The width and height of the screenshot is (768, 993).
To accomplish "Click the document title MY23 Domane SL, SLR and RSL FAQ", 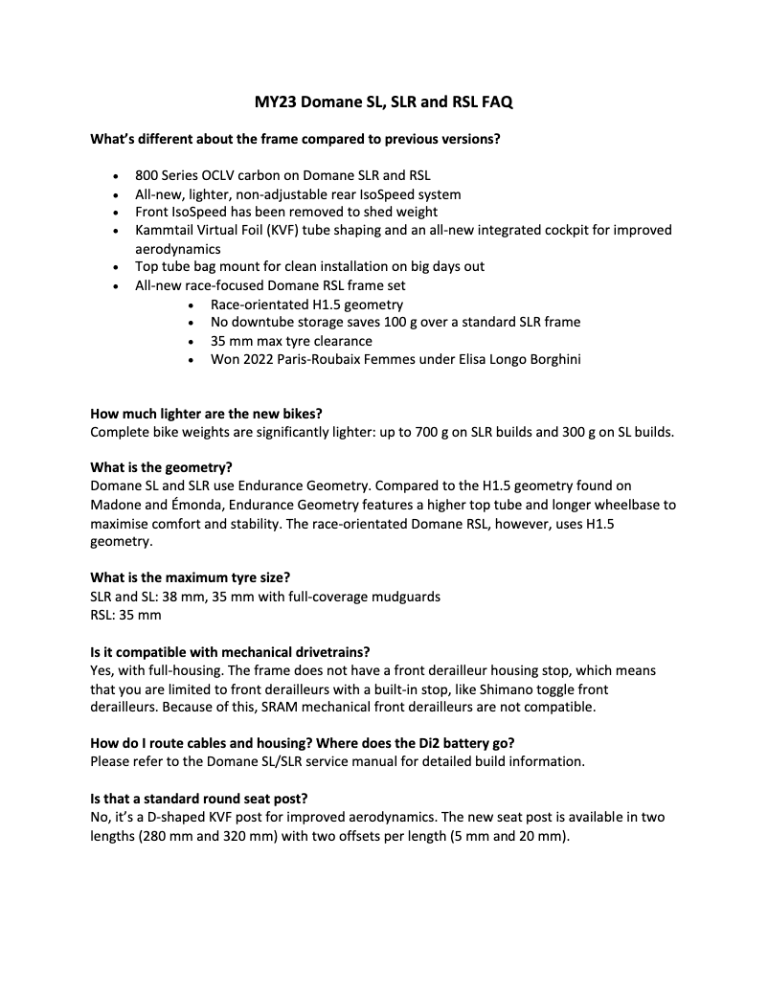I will pyautogui.click(x=383, y=102).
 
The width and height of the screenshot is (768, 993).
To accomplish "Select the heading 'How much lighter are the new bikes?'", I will pyautogui.click(x=206, y=414).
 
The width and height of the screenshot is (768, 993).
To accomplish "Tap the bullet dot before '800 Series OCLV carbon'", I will pyautogui.click(x=116, y=176).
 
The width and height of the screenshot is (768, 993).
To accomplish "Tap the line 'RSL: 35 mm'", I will pyautogui.click(x=125, y=614).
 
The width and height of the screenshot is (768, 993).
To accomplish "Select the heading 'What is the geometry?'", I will pyautogui.click(x=161, y=468).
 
